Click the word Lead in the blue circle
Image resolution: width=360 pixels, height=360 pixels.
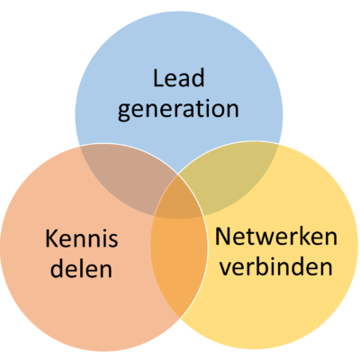(179, 77)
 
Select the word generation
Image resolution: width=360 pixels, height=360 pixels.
(178, 110)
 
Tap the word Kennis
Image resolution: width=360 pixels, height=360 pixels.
(82, 238)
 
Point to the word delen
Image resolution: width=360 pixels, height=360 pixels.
(81, 268)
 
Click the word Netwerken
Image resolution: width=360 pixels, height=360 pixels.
(276, 237)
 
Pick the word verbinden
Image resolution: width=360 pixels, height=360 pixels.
(276, 266)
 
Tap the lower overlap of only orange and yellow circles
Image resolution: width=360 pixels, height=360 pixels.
(179, 264)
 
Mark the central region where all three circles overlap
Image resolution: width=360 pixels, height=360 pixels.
(179, 200)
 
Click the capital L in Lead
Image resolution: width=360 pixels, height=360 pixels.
(157, 78)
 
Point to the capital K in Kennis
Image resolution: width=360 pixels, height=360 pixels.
(51, 238)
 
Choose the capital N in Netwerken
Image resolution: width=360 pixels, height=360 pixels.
(222, 237)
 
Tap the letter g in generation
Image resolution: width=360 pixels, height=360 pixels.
(123, 112)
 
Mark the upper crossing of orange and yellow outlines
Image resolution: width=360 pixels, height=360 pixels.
(179, 175)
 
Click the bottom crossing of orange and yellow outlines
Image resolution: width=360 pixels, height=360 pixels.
(179, 317)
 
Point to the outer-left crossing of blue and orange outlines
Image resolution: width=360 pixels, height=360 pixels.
(80, 146)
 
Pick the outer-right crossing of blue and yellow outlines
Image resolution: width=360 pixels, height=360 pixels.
(279, 143)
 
